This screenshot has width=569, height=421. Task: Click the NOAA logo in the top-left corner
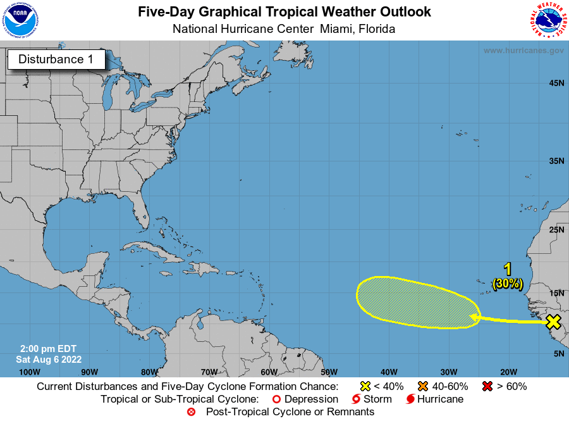point(20,20)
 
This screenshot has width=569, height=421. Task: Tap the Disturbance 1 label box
point(56,60)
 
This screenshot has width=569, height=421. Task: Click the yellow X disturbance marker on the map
point(553,322)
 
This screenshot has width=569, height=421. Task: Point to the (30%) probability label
point(508,284)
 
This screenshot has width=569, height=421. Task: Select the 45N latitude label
point(556,83)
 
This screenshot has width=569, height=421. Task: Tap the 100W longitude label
point(29,372)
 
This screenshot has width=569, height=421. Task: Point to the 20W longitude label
point(508,372)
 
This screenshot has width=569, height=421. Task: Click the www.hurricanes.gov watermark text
point(523,51)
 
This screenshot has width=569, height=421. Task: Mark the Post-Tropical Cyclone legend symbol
point(191,412)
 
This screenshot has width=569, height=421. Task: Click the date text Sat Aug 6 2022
point(49,359)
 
